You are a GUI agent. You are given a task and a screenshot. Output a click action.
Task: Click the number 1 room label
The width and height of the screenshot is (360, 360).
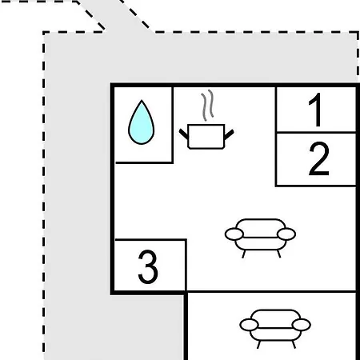click(315, 110)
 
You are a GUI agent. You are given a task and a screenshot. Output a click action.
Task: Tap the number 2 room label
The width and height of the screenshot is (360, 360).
click(319, 158)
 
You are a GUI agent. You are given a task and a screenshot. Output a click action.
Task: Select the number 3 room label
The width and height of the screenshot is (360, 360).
click(148, 266)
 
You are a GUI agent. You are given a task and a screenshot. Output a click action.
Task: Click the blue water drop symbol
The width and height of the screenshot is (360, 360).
click(142, 122)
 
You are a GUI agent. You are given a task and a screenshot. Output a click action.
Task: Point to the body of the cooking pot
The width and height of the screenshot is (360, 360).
click(206, 136)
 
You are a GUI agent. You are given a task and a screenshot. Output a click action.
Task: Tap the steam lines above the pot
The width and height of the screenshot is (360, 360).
click(208, 105)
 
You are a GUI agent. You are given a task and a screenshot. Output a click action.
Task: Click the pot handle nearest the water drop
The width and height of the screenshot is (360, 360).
click(184, 134)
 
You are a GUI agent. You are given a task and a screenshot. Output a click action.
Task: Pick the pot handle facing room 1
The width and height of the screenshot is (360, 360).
click(229, 134)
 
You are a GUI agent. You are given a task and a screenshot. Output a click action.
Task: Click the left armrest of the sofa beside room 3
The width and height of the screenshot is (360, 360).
click(234, 234)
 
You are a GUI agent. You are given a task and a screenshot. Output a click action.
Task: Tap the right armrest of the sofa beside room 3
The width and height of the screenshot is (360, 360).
click(286, 234)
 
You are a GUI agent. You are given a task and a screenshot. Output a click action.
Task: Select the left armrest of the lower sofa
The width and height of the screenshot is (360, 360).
click(249, 325)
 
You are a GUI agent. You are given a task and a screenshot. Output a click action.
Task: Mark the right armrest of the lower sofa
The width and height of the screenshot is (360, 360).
click(302, 325)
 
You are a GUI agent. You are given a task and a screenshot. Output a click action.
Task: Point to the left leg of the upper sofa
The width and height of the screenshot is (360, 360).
click(244, 254)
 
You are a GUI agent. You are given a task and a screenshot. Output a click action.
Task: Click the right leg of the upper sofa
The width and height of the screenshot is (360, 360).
click(279, 254)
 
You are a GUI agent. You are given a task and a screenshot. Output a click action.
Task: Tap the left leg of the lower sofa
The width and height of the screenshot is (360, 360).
click(258, 345)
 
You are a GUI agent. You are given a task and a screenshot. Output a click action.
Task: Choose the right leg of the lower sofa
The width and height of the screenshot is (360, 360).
click(294, 345)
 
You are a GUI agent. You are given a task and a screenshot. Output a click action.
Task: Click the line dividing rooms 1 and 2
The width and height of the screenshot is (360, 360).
click(316, 132)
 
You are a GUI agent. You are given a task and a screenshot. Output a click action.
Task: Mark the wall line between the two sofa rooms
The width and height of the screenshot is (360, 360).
click(271, 292)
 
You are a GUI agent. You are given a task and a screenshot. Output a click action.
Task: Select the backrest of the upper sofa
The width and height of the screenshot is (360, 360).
click(260, 220)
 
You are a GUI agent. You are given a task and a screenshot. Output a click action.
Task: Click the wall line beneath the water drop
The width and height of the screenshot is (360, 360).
click(144, 162)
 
